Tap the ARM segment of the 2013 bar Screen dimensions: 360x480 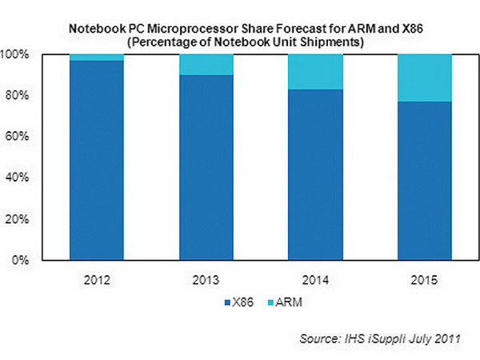207,64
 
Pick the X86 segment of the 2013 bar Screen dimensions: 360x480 207,167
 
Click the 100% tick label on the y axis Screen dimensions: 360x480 18,54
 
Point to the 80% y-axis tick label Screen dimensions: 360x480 20,96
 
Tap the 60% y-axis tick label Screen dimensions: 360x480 20,137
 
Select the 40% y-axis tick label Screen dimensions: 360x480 20,178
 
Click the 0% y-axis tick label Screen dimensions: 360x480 23,260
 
